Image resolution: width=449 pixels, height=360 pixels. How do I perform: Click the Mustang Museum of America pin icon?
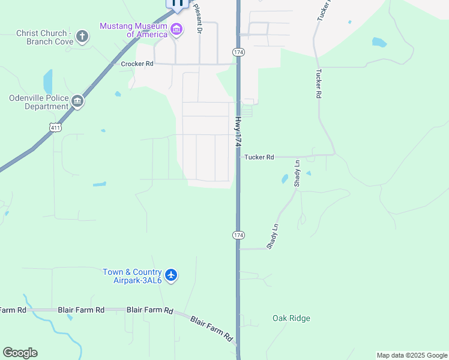tap(176, 29)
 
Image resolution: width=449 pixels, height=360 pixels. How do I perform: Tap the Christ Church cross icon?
tap(82, 37)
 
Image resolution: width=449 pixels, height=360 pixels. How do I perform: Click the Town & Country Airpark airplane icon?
tap(171, 275)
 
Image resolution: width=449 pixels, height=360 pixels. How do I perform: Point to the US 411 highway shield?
tap(55, 128)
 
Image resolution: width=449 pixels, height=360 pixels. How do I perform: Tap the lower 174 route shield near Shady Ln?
tap(238, 235)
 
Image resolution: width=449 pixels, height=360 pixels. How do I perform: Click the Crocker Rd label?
tap(137, 64)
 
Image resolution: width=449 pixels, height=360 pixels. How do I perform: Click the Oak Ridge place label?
tap(291, 318)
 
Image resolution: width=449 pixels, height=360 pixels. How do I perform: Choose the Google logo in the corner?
tap(20, 353)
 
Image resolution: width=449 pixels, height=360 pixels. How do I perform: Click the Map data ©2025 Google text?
tap(412, 355)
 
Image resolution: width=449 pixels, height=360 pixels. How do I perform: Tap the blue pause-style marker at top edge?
tap(178, 3)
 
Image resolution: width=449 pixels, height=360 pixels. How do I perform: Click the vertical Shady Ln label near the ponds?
tap(297, 173)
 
